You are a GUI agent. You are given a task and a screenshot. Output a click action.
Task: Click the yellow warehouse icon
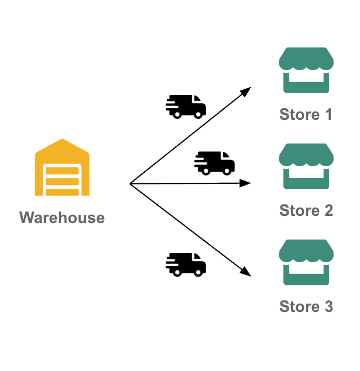click(62, 168)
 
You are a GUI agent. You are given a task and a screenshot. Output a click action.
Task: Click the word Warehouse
click(62, 218)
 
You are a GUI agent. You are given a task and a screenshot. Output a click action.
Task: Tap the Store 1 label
click(306, 115)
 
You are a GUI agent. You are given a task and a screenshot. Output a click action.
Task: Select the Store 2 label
click(306, 210)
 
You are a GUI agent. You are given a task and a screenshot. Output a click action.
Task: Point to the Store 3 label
click(306, 306)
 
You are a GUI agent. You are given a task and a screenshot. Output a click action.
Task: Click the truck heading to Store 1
click(186, 106)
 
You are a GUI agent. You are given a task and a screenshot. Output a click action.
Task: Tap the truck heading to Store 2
click(215, 163)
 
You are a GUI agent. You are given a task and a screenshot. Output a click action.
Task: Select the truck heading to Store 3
click(186, 264)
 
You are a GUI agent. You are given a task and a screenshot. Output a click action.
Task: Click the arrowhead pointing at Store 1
click(247, 90)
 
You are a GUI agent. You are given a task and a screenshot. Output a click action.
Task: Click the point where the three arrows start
click(130, 183)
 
